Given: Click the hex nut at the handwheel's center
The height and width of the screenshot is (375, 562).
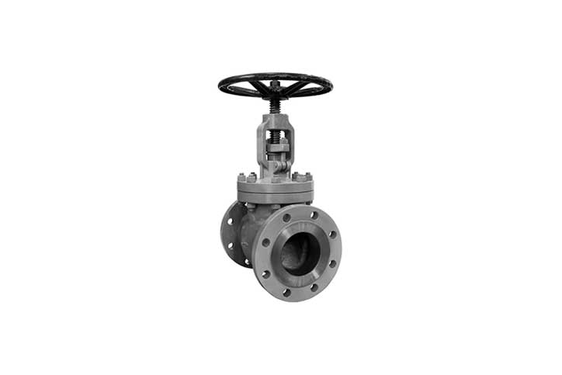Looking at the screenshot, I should (275, 84).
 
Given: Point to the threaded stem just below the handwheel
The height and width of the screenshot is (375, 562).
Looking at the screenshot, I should (275, 105).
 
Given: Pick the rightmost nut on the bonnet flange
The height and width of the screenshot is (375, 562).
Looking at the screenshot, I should (307, 176).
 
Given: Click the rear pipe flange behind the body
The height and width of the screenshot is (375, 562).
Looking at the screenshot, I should (231, 233).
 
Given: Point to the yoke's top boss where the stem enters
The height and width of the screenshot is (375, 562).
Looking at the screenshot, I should (275, 118).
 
